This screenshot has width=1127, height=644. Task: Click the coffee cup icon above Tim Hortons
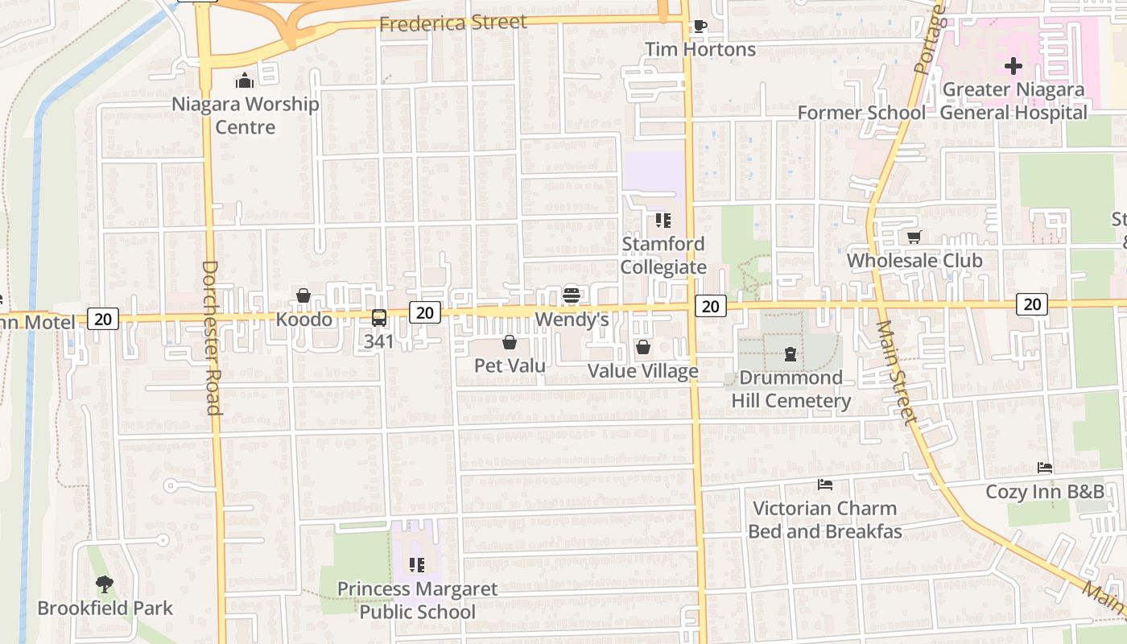pos(700,26)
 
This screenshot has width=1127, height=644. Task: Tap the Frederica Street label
pos(453,23)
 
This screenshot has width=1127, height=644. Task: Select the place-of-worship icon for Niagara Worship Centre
pos(245,80)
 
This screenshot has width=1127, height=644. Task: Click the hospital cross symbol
pos(1013,66)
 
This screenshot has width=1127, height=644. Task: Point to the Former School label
pos(861,113)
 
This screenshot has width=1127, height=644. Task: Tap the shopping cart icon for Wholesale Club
pos(914,237)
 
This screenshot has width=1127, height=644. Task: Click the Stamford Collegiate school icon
pos(663,220)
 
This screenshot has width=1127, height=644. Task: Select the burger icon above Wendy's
pos(572,295)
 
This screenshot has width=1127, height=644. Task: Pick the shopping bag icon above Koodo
pos(303,295)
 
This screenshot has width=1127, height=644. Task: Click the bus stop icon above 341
pos(379,318)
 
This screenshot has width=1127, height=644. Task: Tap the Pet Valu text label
pos(510,365)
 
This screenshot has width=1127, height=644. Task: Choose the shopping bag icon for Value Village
pos(643,347)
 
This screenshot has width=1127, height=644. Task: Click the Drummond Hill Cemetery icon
pos(791,354)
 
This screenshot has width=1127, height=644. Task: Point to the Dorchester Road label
pos(211,337)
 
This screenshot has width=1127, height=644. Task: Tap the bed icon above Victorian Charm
pos(824,485)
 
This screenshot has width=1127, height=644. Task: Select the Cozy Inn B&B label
pos(1046,491)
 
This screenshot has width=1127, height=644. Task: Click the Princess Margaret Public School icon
pos(416,565)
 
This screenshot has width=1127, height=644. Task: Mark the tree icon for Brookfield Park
pos(104,584)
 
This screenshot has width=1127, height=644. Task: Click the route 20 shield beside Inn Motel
pos(103,319)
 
